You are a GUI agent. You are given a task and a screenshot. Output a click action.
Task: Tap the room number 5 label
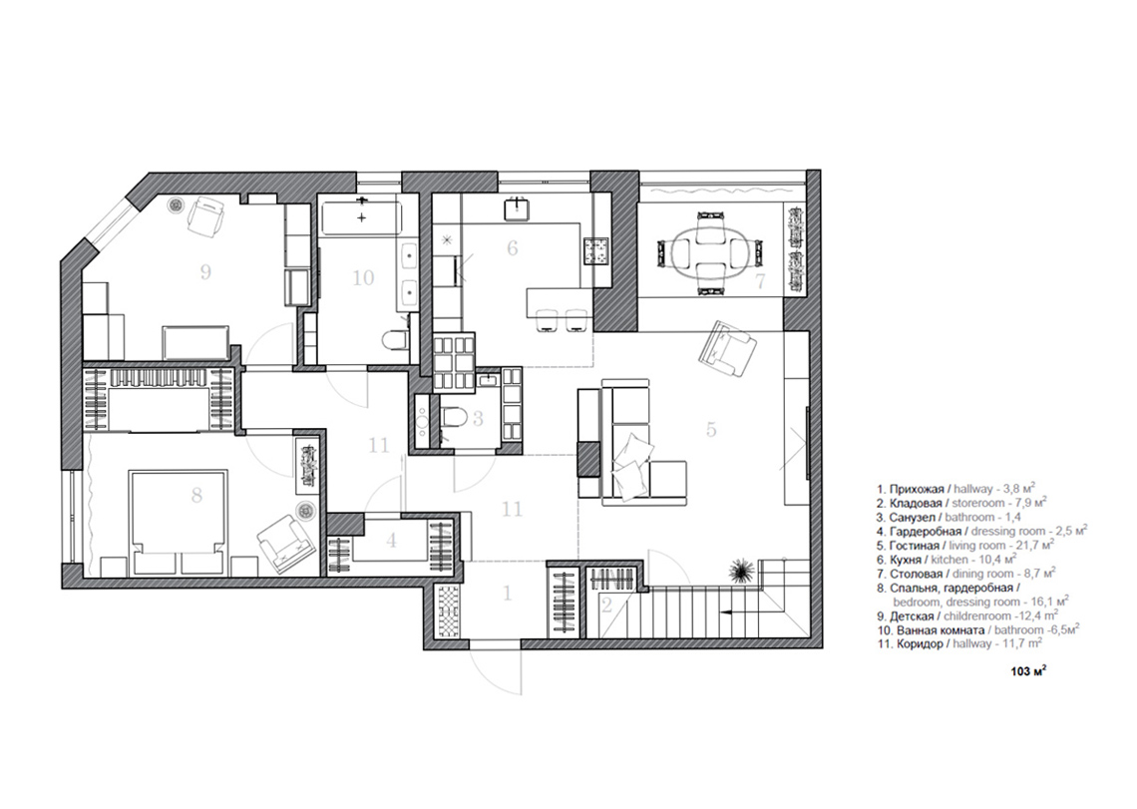711,429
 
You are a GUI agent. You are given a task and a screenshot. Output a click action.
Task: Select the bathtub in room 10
360,217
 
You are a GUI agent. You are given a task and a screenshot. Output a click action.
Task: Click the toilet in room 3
453,419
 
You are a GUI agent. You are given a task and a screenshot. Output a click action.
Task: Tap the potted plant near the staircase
739,571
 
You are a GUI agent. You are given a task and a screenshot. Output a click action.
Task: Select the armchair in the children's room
205,215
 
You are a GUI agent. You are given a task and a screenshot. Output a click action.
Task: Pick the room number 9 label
205,272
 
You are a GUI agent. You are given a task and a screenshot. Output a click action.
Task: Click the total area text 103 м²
1028,671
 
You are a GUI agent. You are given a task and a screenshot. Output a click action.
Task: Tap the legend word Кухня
906,560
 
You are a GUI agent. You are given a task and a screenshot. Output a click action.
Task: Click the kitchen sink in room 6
518,208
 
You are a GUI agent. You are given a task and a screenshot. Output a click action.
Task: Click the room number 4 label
392,541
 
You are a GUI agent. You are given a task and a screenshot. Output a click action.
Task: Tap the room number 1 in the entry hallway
508,593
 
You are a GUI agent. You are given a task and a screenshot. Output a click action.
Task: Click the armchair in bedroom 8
285,543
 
